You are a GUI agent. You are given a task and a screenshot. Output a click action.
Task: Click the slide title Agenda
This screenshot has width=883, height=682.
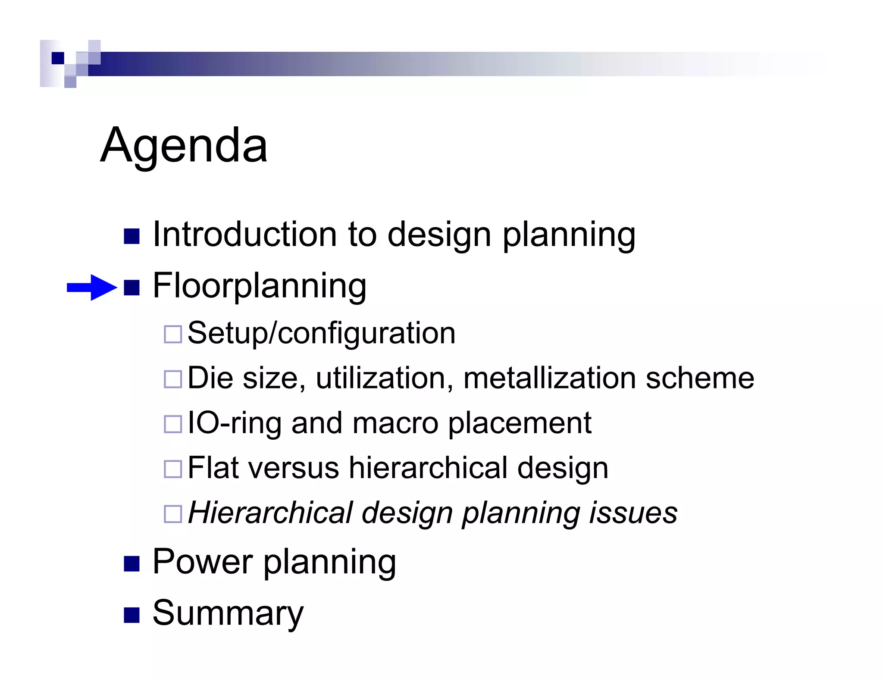(x=184, y=146)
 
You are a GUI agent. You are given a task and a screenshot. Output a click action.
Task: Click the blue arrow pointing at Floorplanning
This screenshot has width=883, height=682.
(x=92, y=287)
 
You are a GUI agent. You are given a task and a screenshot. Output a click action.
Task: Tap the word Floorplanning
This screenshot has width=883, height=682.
(x=260, y=285)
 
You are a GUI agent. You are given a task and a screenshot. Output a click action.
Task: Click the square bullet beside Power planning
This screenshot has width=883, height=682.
(x=132, y=563)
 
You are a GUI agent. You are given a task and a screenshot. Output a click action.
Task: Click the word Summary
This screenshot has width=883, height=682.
(x=228, y=613)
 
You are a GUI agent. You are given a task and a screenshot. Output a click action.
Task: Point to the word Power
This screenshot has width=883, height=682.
(x=203, y=562)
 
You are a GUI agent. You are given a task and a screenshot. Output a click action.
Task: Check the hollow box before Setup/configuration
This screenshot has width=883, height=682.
(x=173, y=334)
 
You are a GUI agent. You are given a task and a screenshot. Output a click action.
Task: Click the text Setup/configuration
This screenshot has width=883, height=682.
(x=321, y=333)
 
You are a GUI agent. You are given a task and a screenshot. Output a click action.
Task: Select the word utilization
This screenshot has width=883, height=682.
(x=384, y=378)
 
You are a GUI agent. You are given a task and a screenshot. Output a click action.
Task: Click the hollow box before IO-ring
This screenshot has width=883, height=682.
(x=173, y=424)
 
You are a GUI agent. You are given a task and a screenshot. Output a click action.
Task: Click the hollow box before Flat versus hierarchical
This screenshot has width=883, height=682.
(x=173, y=469)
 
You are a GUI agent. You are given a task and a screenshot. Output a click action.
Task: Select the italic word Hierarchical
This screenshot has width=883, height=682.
(x=270, y=513)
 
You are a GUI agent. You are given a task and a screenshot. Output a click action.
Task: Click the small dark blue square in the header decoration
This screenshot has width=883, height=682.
(x=58, y=58)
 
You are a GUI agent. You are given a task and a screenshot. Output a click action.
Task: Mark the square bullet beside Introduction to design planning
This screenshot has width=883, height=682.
(x=132, y=236)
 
